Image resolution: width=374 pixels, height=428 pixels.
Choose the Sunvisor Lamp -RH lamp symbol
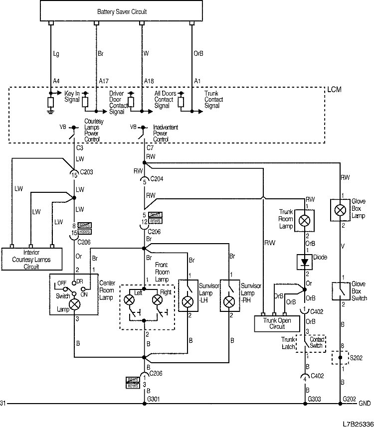[x=229, y=301]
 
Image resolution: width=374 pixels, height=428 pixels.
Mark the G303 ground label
[x=315, y=399]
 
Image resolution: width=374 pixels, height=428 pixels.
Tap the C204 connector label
[x=156, y=178]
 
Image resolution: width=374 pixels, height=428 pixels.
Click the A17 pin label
[x=104, y=81]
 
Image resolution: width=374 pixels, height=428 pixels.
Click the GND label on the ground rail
[x=365, y=403]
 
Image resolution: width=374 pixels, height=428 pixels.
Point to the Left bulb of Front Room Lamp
[x=129, y=300]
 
